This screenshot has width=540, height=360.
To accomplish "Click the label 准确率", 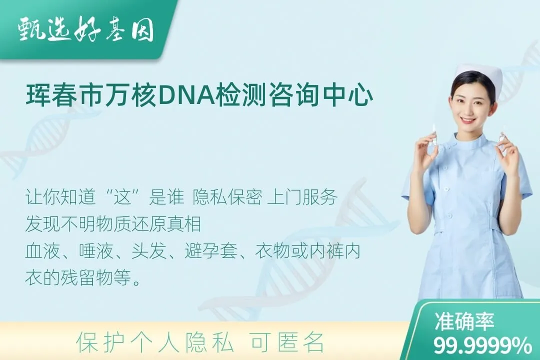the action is point(464,321).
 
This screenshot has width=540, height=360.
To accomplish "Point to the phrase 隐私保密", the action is point(227,197).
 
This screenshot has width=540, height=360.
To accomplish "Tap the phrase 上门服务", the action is point(302,197).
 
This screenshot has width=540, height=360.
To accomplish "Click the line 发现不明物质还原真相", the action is point(113,224).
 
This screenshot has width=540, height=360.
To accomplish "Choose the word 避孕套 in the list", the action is point(211,251).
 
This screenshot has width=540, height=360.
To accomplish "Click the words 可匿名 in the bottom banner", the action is point(287,342).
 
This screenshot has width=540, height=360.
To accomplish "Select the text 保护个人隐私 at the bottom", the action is point(155,342).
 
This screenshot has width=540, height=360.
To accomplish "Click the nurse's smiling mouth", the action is point(468,120).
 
